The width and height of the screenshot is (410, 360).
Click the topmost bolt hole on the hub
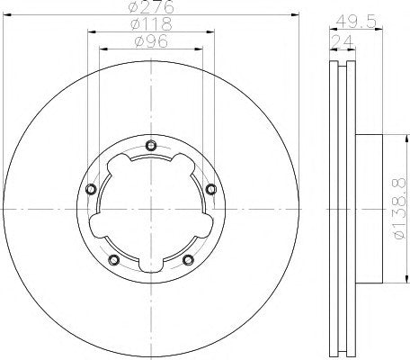click(x=150, y=147)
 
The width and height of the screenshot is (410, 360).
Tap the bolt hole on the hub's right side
click(x=210, y=190)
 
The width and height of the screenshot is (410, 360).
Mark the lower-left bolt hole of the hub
click(x=113, y=261)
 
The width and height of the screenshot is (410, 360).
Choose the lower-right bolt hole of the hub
click(x=187, y=261)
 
